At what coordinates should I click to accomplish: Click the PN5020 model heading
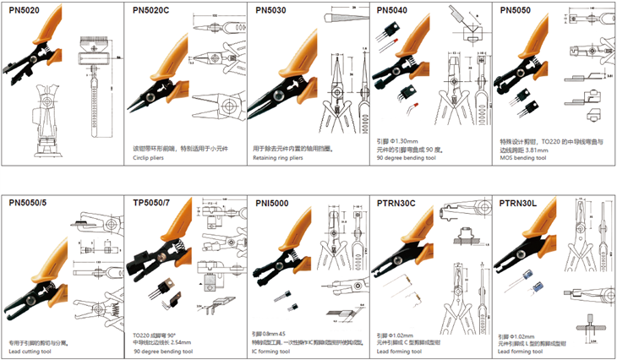[x=26, y=11]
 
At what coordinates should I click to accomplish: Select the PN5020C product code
[x=152, y=11]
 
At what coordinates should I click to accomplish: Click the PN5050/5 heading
[x=32, y=203]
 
